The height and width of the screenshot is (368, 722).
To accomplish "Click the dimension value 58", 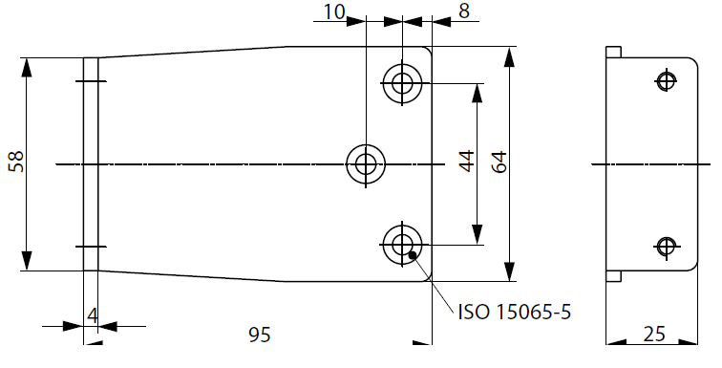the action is [16, 162].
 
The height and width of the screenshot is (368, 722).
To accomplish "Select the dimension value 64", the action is [499, 162].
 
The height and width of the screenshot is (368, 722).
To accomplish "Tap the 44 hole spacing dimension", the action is [467, 161].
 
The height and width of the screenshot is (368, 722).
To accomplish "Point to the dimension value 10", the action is [334, 12].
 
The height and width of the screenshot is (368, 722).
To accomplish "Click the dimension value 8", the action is [464, 11].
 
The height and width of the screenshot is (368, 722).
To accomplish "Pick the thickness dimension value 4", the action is [92, 316].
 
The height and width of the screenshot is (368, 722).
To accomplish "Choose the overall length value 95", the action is [260, 335].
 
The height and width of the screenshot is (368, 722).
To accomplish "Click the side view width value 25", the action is [654, 334].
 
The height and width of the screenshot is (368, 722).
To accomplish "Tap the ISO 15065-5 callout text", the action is [515, 313].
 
